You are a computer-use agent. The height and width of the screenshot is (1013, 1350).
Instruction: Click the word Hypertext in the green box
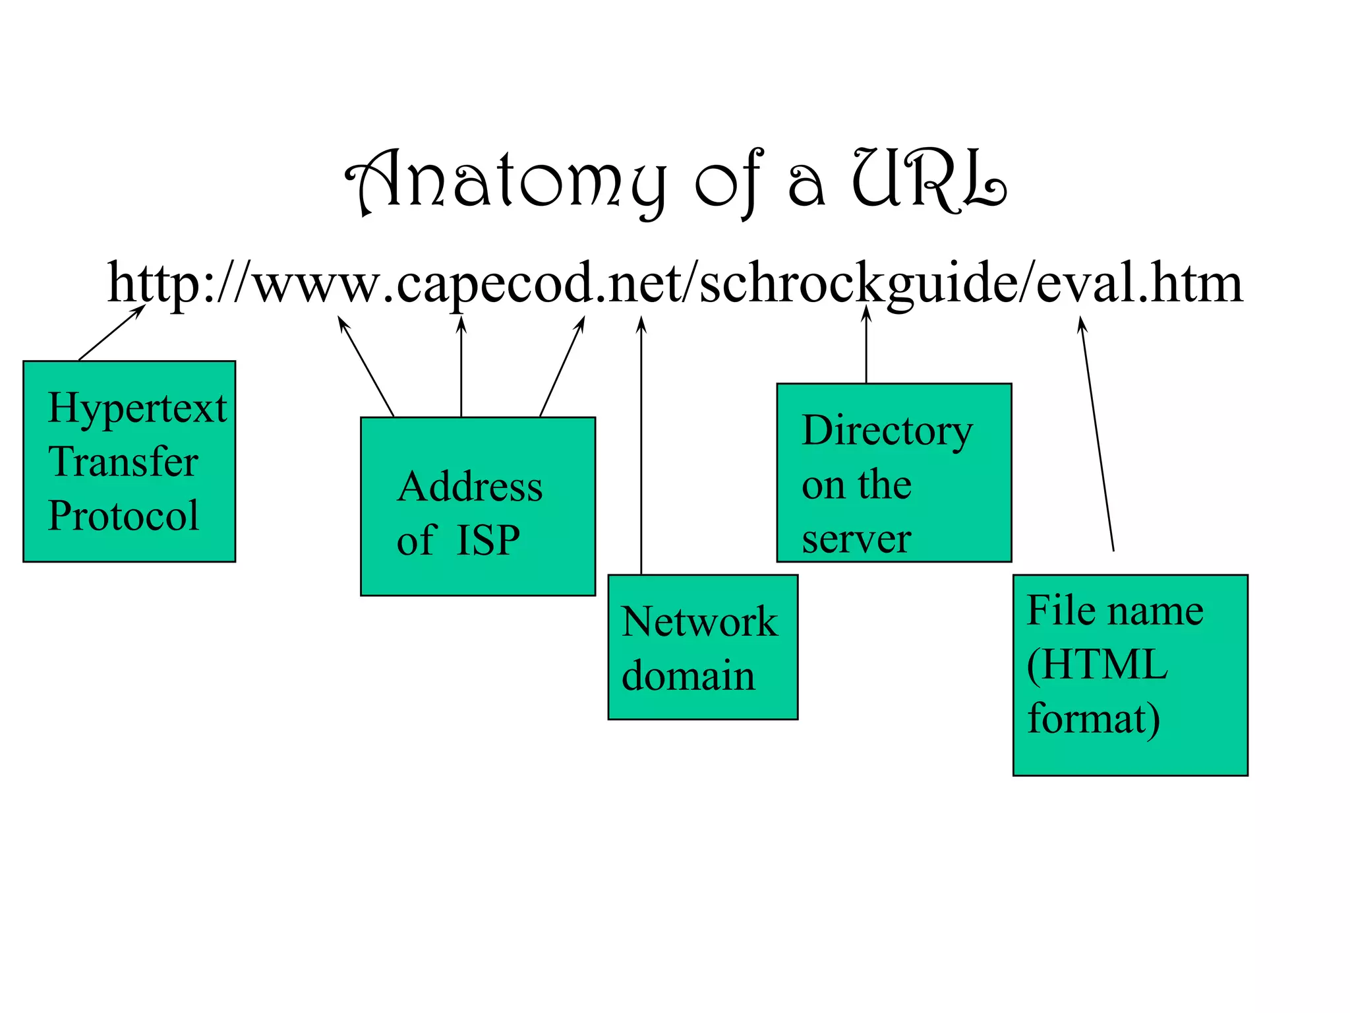(137, 408)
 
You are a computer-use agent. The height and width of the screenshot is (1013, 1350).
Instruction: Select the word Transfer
(123, 462)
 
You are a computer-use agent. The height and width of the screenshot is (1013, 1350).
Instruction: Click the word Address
(470, 487)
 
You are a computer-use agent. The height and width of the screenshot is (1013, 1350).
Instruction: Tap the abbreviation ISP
(488, 540)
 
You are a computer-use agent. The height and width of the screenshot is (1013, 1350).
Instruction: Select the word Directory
(887, 431)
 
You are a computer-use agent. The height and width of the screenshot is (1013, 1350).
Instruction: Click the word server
(856, 539)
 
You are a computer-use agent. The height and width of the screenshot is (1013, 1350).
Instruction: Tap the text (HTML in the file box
(1098, 664)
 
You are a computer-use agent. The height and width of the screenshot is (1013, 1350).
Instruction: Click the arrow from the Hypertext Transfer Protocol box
(111, 333)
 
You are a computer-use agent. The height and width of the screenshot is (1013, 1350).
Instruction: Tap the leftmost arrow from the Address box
(366, 367)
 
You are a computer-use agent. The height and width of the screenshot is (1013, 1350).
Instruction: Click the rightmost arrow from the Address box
(562, 367)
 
